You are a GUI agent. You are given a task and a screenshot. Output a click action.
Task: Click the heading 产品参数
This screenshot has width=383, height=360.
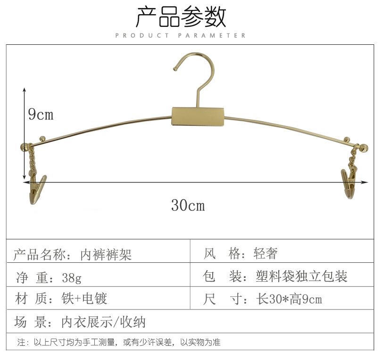click(x=181, y=17)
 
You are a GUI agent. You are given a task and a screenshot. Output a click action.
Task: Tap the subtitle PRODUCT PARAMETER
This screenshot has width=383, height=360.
click(x=181, y=35)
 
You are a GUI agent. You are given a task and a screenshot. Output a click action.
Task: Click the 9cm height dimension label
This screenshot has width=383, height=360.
click(x=41, y=114)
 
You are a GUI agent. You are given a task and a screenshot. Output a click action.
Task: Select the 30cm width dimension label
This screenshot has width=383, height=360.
click(x=188, y=206)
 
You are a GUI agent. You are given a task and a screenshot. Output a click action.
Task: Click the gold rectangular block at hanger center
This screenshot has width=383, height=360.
click(x=198, y=116)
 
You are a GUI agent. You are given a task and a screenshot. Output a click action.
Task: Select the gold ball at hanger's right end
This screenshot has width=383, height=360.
click(x=364, y=148)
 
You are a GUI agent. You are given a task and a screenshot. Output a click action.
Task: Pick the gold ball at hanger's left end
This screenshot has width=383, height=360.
click(x=24, y=147)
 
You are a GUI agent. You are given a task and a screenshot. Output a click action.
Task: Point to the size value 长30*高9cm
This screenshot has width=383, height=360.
click(x=289, y=299)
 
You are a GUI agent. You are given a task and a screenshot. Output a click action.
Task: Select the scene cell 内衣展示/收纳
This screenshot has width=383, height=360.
click(x=103, y=322)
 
